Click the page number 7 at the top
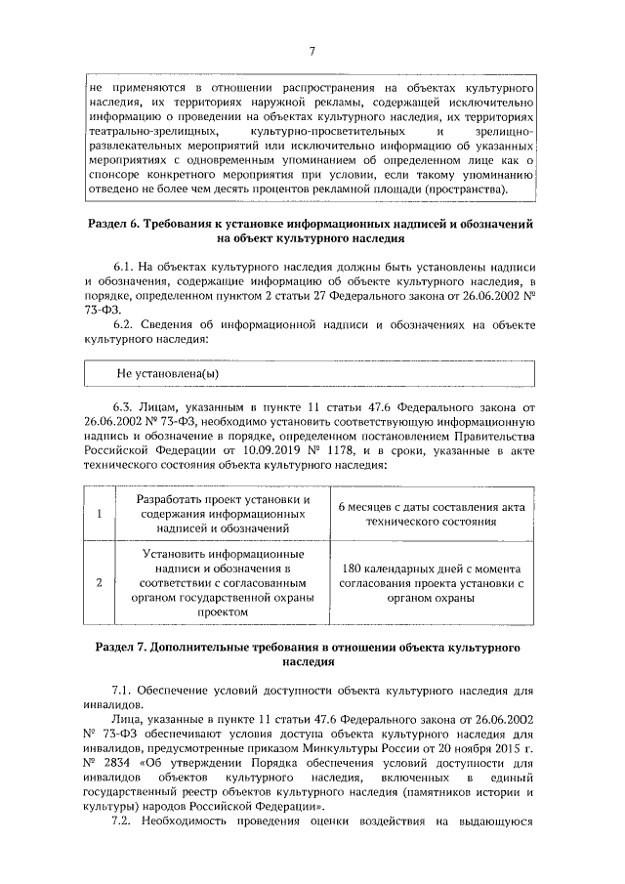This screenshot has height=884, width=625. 311,52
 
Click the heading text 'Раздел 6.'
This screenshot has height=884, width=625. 114,225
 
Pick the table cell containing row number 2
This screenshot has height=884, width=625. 100,583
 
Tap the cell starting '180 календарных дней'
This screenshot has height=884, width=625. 431,583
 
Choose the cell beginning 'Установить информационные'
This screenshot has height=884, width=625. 217,583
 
